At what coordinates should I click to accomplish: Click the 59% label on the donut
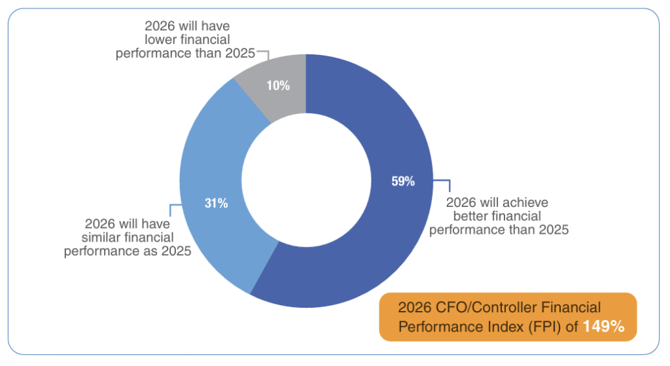tap(402, 182)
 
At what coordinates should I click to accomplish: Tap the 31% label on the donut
tap(216, 203)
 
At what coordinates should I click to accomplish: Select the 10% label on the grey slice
tap(278, 85)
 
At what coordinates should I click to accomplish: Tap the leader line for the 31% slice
tap(171, 209)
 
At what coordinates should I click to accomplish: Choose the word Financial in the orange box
tap(575, 307)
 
